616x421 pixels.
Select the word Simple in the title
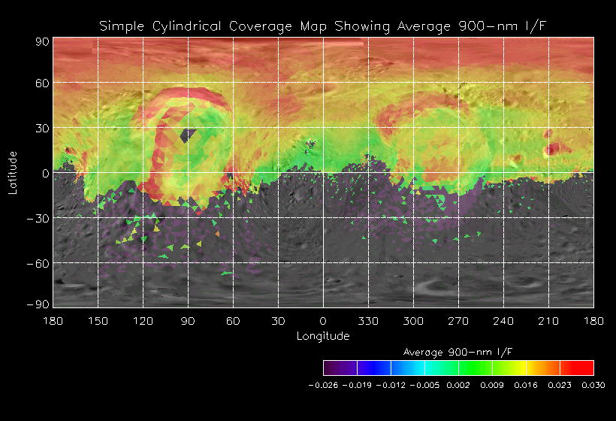click(122, 27)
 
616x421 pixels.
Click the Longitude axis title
click(323, 336)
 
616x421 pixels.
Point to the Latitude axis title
click(12, 172)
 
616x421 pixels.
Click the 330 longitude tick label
click(368, 321)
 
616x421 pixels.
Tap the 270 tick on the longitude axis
click(458, 321)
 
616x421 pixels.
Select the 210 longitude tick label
click(548, 321)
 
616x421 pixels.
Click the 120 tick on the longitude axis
click(143, 321)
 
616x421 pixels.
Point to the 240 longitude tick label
click(503, 321)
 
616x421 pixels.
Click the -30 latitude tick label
click(40, 218)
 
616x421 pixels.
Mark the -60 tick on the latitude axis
click(40, 263)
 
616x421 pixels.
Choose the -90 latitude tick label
click(40, 304)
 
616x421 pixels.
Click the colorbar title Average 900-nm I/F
click(458, 352)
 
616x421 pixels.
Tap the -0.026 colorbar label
click(324, 384)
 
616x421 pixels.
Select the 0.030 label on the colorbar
click(593, 384)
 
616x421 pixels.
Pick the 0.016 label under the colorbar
click(526, 384)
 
